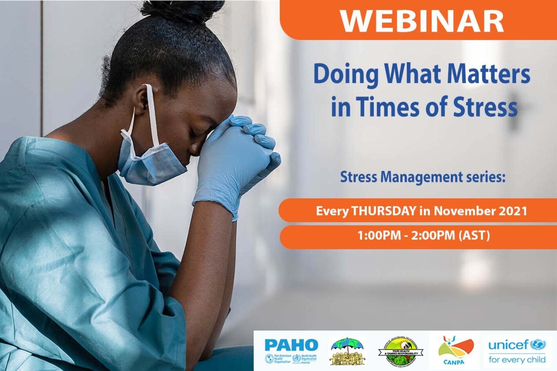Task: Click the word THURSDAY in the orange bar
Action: [x=383, y=211]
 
